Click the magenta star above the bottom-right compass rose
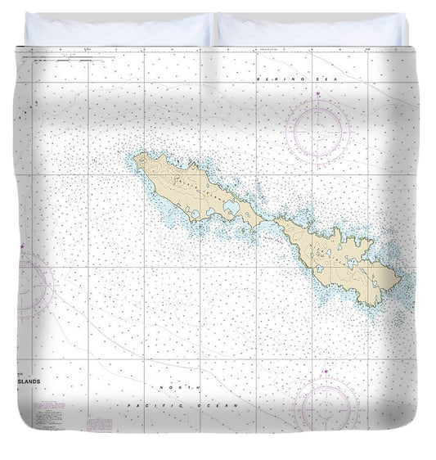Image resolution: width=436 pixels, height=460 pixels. pos(326,373)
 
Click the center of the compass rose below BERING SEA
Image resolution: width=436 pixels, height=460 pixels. pos(318,129)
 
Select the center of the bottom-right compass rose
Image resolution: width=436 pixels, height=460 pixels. pos(326,407)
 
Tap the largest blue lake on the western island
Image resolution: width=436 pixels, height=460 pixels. pos(231,210)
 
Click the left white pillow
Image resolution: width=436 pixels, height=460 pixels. pos(119,29)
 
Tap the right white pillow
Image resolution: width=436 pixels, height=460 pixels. pos(312,29)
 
